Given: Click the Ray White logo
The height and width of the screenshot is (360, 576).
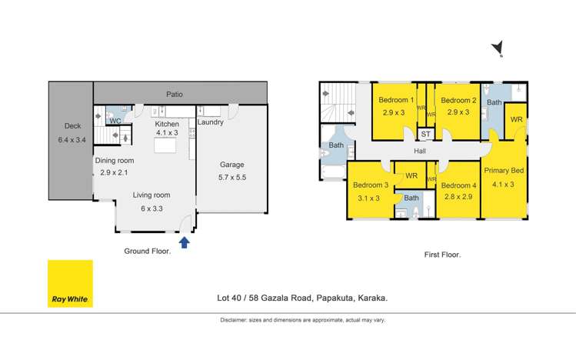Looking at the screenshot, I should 70,282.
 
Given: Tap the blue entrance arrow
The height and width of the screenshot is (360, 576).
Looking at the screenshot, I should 185,243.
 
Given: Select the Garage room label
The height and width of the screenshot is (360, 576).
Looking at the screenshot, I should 232,165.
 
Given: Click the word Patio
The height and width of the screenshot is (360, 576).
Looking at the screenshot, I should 174,95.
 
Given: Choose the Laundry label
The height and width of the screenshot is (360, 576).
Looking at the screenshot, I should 211,122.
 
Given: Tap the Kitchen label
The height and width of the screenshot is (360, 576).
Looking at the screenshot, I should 167,124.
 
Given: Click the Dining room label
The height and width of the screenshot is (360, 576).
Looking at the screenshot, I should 115,161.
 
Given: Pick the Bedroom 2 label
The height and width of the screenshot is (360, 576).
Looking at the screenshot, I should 458,100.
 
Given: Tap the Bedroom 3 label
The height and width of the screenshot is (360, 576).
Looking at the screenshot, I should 371,185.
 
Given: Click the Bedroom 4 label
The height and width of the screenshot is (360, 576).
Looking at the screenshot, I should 460,185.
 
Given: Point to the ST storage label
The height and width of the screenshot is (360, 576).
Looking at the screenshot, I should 425,134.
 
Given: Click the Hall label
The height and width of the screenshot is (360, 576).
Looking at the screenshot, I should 420,152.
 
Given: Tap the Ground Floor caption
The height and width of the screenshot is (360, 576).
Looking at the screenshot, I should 146,251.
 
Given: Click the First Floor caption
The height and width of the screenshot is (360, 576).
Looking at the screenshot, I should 442,254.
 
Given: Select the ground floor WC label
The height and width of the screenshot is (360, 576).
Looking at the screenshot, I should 115,121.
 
